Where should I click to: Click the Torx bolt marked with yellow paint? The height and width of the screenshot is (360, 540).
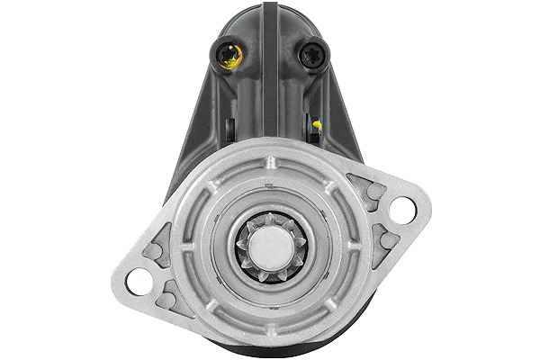click(228, 56)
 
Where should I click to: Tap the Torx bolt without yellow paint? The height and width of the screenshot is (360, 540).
click(314, 55)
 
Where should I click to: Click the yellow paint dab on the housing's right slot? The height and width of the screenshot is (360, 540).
click(317, 125)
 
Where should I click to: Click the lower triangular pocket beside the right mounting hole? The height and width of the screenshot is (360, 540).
click(385, 238)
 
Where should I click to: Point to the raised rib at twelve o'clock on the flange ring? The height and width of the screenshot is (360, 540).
click(271, 163)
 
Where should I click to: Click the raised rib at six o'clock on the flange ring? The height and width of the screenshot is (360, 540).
click(271, 327)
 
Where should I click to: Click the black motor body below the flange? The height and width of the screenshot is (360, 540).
click(270, 351)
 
